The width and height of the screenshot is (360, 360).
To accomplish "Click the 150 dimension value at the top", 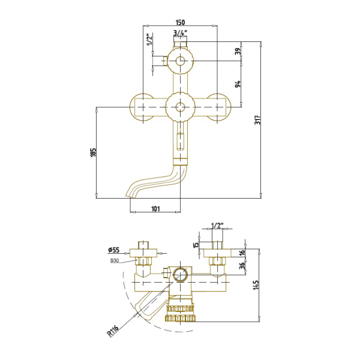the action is [180, 22].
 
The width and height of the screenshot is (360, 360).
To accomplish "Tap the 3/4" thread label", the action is [181, 33].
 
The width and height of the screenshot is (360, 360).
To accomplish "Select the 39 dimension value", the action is [239, 51].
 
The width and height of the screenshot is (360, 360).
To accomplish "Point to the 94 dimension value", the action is [238, 83].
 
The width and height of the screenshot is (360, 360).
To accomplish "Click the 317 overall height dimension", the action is [258, 119].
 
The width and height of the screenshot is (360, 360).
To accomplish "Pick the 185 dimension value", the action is [93, 152].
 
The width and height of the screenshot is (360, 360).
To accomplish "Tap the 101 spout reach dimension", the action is [155, 209].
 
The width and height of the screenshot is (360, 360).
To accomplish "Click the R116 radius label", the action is [113, 331].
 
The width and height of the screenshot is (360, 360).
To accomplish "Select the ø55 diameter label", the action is [114, 250].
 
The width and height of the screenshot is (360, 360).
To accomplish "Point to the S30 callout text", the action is [115, 260].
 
